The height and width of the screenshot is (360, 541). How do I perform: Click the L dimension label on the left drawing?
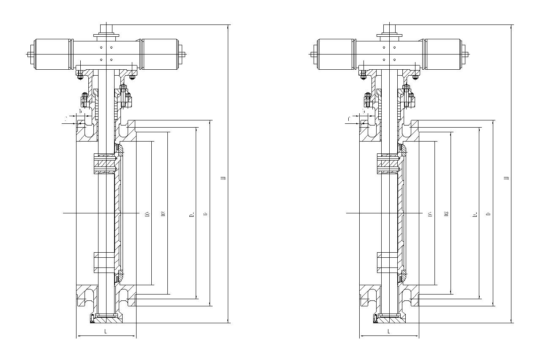pos(105,332)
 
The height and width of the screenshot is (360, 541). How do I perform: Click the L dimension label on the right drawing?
pos(388,332)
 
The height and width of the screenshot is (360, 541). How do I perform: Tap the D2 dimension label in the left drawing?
pos(163,214)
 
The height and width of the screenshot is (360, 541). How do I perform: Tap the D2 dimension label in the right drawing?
pos(446,214)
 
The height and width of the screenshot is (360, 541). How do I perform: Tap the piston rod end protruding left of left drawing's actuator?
pos(30,54)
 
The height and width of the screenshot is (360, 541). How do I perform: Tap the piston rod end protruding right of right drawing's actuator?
pos(467,54)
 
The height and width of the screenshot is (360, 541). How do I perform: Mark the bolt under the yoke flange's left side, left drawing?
pos(80,76)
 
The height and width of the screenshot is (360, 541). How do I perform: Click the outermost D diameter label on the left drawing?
pos(205,214)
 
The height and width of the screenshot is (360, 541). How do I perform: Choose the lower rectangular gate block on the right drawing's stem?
pos(387,262)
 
